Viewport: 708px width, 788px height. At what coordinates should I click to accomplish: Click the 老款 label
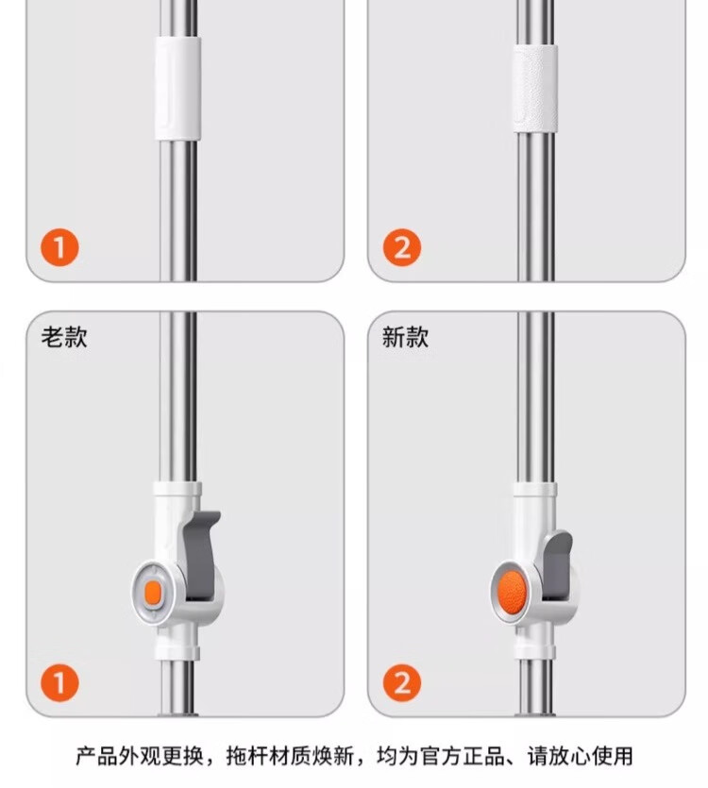point(64,337)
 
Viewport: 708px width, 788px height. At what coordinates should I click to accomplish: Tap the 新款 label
point(405,337)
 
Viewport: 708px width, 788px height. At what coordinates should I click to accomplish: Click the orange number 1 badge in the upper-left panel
point(59,247)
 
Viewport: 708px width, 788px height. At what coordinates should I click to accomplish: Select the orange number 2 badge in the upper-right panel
point(402,247)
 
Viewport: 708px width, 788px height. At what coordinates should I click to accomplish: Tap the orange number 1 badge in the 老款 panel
point(59,683)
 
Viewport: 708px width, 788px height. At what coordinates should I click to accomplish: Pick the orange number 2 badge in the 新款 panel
point(402,683)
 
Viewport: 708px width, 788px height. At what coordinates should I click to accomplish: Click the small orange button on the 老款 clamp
point(152,593)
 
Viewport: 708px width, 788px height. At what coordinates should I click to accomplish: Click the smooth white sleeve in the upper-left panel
point(178,88)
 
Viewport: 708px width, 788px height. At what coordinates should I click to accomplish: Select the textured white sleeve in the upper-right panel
point(535,89)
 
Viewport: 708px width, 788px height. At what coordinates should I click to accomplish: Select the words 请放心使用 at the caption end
point(580,756)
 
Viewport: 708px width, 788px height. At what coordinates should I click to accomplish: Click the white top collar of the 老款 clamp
point(177,489)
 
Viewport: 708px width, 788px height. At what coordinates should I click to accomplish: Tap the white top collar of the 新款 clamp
point(535,490)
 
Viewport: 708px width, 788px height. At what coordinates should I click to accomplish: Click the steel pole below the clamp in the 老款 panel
point(178,687)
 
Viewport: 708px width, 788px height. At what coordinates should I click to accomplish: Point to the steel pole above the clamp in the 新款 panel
point(536,397)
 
